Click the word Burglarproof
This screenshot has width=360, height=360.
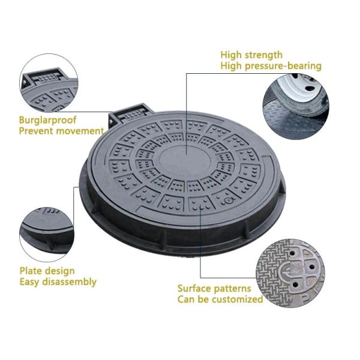(47, 120)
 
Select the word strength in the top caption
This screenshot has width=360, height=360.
(263, 55)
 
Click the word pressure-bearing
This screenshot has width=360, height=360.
(283, 66)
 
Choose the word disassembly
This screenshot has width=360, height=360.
(70, 282)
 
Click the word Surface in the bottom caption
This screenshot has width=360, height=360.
(195, 289)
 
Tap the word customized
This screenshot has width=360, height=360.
(238, 299)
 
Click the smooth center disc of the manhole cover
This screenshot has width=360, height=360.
(185, 161)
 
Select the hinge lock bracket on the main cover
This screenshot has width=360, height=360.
(130, 114)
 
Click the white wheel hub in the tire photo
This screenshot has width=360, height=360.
(299, 85)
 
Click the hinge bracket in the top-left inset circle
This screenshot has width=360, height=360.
(44, 77)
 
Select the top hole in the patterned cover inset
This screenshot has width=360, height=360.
(292, 253)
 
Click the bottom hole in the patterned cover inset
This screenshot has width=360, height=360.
(295, 285)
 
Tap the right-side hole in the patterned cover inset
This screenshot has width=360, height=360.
(312, 267)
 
